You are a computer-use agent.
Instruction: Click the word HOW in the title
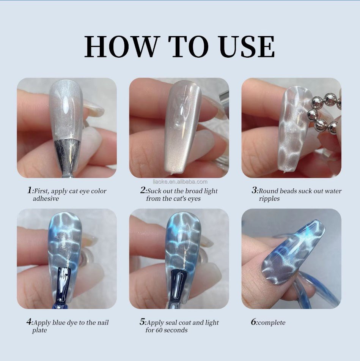[x=121, y=47]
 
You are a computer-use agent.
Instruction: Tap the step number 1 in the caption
[x=30, y=191]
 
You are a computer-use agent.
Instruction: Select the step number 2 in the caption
[x=143, y=191]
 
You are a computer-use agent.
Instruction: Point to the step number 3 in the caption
[x=255, y=191]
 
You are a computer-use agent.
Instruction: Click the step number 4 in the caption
[x=29, y=322]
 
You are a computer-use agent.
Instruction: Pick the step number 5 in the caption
[x=142, y=322]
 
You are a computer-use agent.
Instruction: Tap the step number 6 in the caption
[x=254, y=322]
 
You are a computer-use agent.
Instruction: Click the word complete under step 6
[x=272, y=323]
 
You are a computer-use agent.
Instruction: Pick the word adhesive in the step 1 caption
[x=46, y=199]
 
